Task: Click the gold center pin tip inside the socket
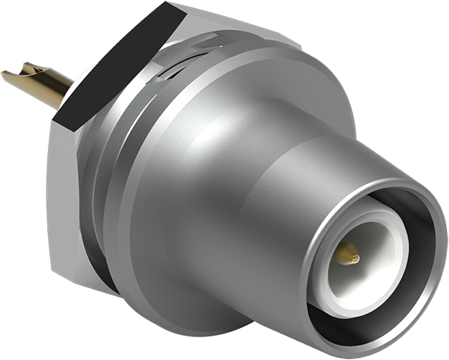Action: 354,259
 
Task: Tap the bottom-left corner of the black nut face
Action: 53,120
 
